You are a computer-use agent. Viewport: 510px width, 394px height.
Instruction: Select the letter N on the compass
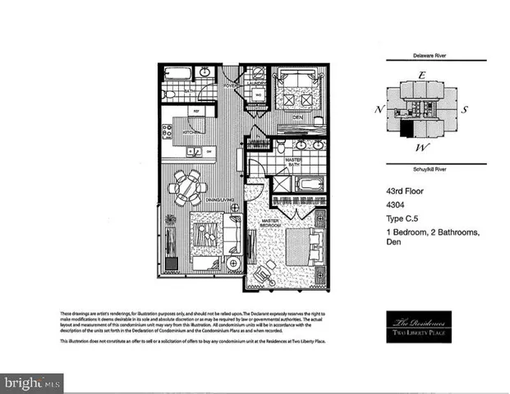click(x=379, y=110)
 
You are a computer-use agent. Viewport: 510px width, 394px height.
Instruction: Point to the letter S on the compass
click(x=464, y=109)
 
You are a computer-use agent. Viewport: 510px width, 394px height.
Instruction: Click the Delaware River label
click(x=422, y=57)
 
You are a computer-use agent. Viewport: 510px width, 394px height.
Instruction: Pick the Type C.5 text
click(x=404, y=219)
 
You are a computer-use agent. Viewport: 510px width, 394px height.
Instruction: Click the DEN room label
click(x=299, y=117)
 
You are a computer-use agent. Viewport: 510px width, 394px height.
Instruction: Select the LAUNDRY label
click(x=257, y=83)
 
